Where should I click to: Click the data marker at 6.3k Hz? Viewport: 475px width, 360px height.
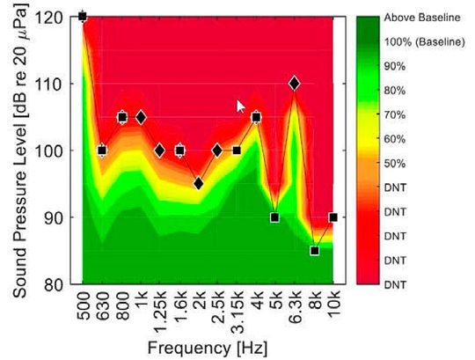pos(294,84)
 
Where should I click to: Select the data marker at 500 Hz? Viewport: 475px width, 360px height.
pos(83,16)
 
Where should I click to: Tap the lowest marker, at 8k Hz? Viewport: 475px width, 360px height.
pos(314,251)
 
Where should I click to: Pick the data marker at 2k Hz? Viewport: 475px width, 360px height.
pos(199,183)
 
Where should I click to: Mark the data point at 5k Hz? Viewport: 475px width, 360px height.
pos(275,217)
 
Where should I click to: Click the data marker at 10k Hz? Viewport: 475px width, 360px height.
pos(333,217)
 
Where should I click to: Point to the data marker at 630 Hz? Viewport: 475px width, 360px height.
pos(102,151)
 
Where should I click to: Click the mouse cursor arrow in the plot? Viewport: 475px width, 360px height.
pos(241,106)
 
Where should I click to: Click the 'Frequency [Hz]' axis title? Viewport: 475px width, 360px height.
pos(208,346)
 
